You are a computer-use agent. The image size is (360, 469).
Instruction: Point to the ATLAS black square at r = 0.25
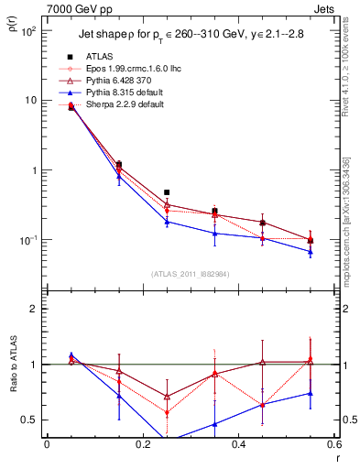pos(166,193)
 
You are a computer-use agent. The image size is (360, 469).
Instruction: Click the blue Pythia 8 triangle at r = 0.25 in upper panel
pos(166,222)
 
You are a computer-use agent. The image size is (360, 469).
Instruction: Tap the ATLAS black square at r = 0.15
pos(118,165)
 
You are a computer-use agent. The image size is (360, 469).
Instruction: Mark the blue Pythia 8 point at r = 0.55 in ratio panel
pos(311,393)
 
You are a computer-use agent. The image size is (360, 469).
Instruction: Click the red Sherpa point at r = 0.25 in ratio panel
pos(166,412)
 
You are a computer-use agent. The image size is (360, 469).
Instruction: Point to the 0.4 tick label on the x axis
pos(238,445)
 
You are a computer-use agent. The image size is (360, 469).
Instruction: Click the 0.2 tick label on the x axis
pos(142,445)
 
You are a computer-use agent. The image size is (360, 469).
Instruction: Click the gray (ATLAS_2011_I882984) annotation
pos(190,273)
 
